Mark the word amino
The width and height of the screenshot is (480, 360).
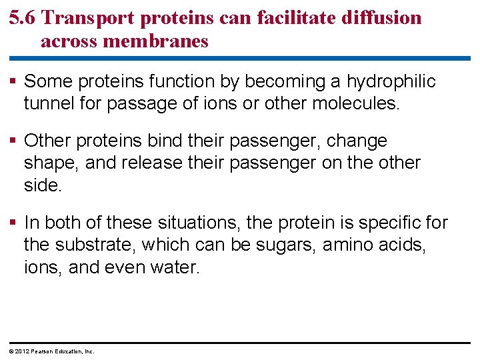347,245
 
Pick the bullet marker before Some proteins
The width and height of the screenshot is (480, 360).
13,82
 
